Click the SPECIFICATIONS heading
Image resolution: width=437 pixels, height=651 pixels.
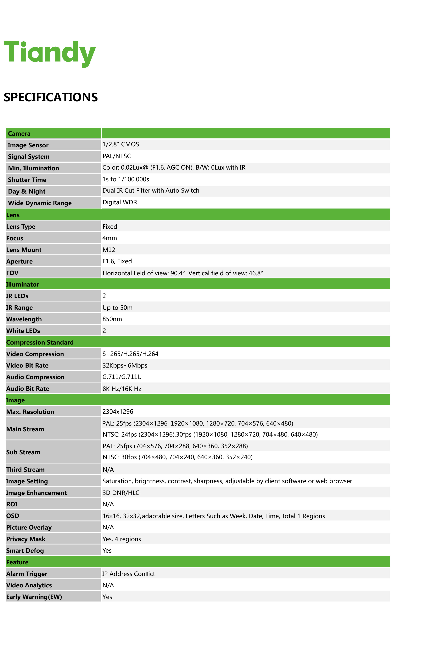coord(51,97)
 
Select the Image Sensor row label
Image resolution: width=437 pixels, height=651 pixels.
coord(28,145)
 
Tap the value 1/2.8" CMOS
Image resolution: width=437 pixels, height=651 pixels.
coord(121,144)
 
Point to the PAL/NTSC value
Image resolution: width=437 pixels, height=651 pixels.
coord(116,156)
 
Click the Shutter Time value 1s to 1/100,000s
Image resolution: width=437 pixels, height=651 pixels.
coord(126,179)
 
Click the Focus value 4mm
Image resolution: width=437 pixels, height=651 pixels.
coord(109,238)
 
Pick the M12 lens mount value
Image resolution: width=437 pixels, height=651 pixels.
coord(109,250)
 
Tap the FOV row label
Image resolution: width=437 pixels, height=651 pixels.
coord(12,273)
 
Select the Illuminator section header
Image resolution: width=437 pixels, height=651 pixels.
coord(23,284)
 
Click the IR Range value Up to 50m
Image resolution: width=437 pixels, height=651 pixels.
coord(117,307)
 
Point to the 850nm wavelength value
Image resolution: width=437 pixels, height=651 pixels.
coord(112,319)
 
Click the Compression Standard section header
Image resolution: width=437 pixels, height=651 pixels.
coord(40,342)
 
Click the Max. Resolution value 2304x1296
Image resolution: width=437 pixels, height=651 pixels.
coord(118,412)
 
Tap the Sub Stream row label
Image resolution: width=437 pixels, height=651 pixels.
coord(23,452)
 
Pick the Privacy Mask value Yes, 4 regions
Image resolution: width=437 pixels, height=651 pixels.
coord(121,539)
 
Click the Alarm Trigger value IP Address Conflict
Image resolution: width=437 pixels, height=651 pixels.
coord(128,574)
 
